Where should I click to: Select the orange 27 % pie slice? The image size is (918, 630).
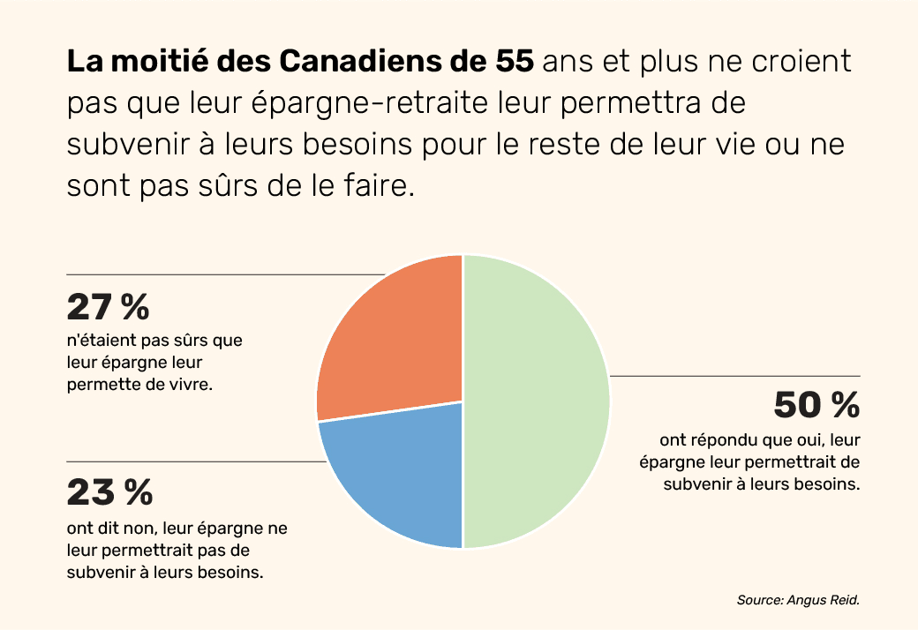397,344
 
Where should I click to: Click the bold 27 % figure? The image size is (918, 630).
108,307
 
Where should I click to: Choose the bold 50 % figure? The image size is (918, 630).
816,405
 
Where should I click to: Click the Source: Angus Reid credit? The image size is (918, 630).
797,600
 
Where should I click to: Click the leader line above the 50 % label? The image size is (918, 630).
733,377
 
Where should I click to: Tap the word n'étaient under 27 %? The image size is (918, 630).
100,339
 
